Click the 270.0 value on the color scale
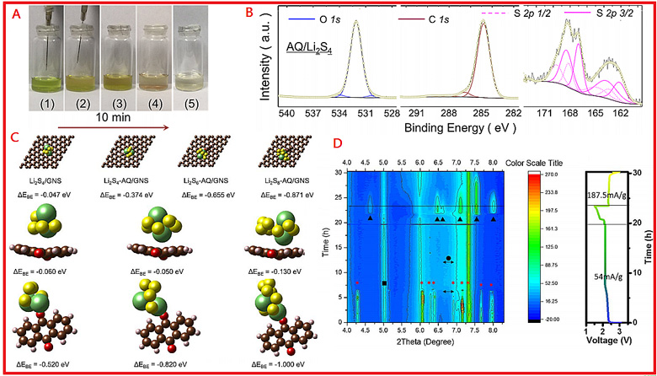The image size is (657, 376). tap(562, 175)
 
